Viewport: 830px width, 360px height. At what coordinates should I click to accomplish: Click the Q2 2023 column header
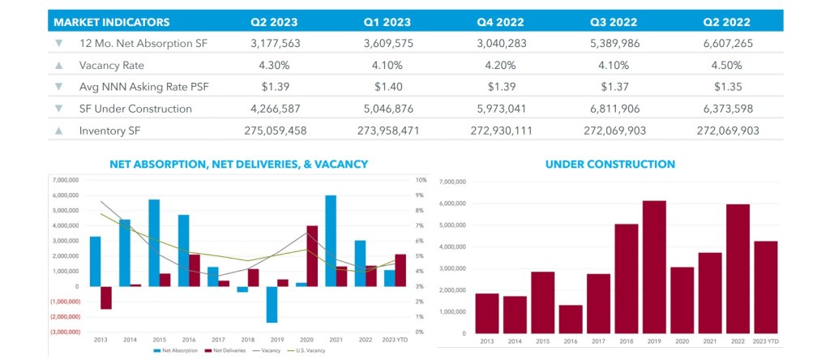(275, 21)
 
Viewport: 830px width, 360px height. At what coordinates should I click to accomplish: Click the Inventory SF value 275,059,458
(275, 130)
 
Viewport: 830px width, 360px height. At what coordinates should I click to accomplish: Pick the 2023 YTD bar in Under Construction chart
(764, 287)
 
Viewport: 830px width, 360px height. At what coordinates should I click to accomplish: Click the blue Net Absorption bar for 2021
(330, 241)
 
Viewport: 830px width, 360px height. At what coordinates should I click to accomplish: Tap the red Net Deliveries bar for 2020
(312, 255)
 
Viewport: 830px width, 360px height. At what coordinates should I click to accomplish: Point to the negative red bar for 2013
(106, 298)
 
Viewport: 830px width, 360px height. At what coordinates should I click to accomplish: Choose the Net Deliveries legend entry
(222, 350)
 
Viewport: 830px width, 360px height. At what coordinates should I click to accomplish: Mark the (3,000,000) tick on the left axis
(67, 332)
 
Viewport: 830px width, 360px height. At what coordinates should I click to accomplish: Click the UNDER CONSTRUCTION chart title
(610, 165)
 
